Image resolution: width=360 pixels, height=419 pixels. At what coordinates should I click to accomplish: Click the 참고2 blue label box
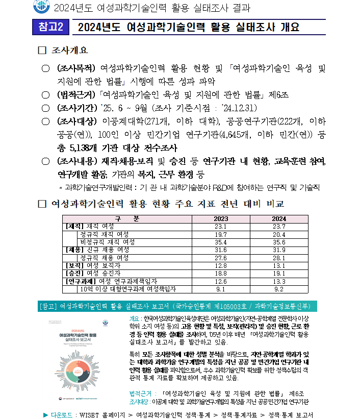pyautogui.click(x=50, y=28)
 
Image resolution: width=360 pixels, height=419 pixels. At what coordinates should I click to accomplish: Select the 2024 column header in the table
pyautogui.click(x=278, y=219)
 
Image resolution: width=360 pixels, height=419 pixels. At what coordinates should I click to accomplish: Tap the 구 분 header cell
pyautogui.click(x=126, y=219)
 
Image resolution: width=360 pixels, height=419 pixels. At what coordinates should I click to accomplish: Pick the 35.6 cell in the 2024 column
pyautogui.click(x=278, y=242)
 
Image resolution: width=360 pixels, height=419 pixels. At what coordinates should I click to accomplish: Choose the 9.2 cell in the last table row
pyautogui.click(x=278, y=289)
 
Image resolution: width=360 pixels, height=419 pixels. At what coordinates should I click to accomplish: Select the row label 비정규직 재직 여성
pyautogui.click(x=108, y=242)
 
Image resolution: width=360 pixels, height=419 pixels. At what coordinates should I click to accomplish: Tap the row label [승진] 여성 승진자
pyautogui.click(x=91, y=273)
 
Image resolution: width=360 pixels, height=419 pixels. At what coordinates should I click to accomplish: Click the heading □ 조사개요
pyautogui.click(x=63, y=51)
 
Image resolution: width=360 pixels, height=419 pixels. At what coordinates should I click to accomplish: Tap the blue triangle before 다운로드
pyautogui.click(x=46, y=414)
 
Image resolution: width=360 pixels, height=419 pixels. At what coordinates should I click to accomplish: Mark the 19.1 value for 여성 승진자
pyautogui.click(x=278, y=273)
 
